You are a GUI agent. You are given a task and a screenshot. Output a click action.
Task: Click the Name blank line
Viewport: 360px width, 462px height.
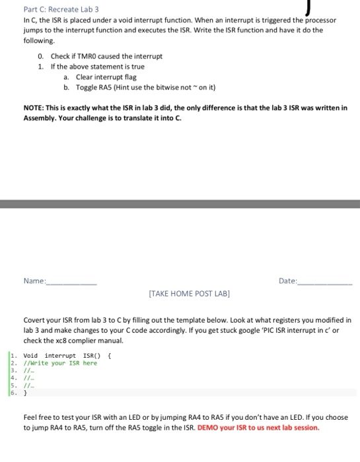[72, 282]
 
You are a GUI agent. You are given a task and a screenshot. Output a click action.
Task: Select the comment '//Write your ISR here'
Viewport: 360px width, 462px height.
[60, 363]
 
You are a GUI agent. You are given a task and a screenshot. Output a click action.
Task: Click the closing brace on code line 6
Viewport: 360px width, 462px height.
[25, 392]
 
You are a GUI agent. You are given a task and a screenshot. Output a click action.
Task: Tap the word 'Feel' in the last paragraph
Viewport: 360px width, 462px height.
[30, 417]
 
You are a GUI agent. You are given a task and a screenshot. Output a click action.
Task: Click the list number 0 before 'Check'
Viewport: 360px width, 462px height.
[40, 56]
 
